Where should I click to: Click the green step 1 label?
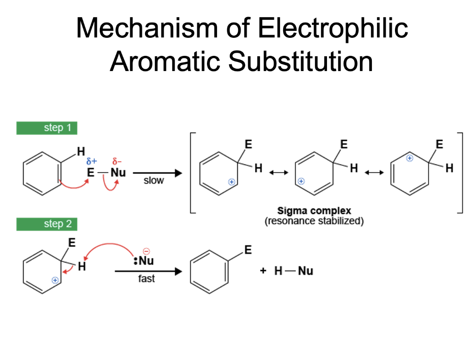(x=47, y=128)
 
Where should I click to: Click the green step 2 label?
(x=47, y=224)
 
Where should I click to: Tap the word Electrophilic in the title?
(x=332, y=29)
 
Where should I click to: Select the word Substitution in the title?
(x=300, y=61)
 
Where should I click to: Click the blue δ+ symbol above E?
(x=92, y=162)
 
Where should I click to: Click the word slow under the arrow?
(x=153, y=180)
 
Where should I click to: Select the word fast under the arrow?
(x=146, y=279)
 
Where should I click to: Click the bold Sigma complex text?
(x=314, y=211)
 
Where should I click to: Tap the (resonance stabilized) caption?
(x=314, y=221)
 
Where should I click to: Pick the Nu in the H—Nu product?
(x=305, y=271)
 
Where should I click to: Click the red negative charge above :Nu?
(x=146, y=252)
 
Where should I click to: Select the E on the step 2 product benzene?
(x=248, y=250)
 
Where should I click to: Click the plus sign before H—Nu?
(x=263, y=271)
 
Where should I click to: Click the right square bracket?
(x=460, y=173)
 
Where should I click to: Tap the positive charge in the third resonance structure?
(x=409, y=158)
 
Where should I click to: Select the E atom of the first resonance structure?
(x=248, y=145)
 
